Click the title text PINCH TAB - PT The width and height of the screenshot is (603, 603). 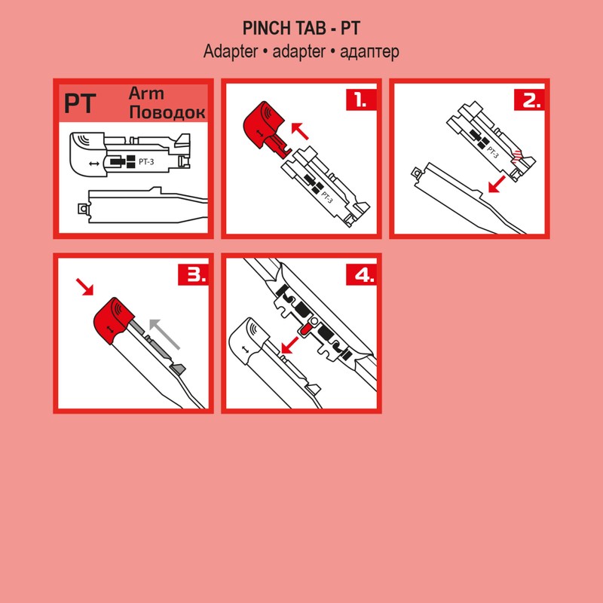[x=301, y=29]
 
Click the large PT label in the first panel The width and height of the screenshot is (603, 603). [x=79, y=103]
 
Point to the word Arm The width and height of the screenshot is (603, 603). [x=146, y=94]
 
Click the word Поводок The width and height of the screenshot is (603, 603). [x=167, y=113]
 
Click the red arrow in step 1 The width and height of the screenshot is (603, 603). [x=299, y=133]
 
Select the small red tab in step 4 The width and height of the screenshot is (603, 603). [x=305, y=329]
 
